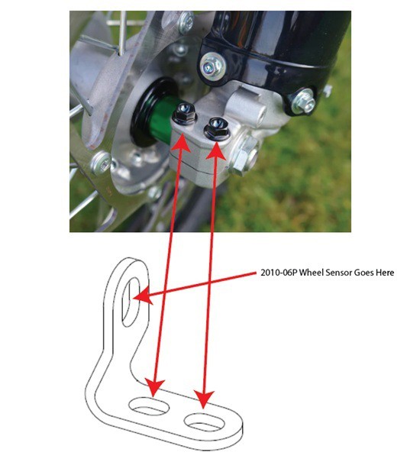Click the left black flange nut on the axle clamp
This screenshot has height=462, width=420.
[184, 114]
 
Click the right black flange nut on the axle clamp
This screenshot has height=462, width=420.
[217, 128]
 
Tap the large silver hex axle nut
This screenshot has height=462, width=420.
[244, 156]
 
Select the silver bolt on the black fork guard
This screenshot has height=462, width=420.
[212, 66]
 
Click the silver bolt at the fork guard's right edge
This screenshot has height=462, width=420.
[304, 102]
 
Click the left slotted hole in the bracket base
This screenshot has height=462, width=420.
[149, 406]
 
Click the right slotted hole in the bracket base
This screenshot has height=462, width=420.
[204, 422]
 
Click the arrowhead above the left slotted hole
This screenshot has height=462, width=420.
[154, 387]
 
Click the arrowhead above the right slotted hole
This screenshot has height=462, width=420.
[204, 399]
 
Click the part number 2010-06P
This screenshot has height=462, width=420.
[278, 273]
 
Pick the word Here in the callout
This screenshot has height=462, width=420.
[384, 273]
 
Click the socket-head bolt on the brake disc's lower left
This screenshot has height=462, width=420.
[102, 164]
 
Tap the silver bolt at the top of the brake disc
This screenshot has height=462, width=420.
[185, 22]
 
